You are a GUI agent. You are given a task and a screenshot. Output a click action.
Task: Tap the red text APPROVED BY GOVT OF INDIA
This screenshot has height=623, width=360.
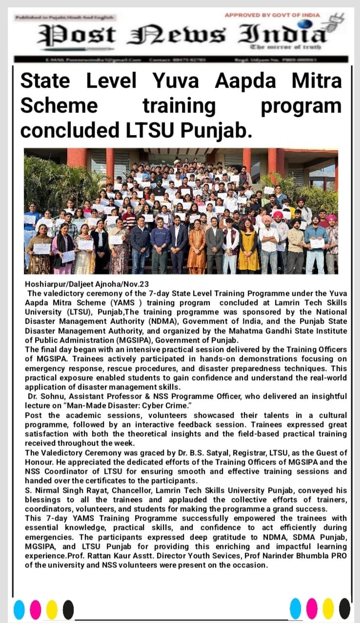click(272, 15)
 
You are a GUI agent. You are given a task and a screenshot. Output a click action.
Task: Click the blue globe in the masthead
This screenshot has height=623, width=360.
click(305, 24)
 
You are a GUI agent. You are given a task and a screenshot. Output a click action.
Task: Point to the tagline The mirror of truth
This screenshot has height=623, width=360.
click(285, 47)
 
